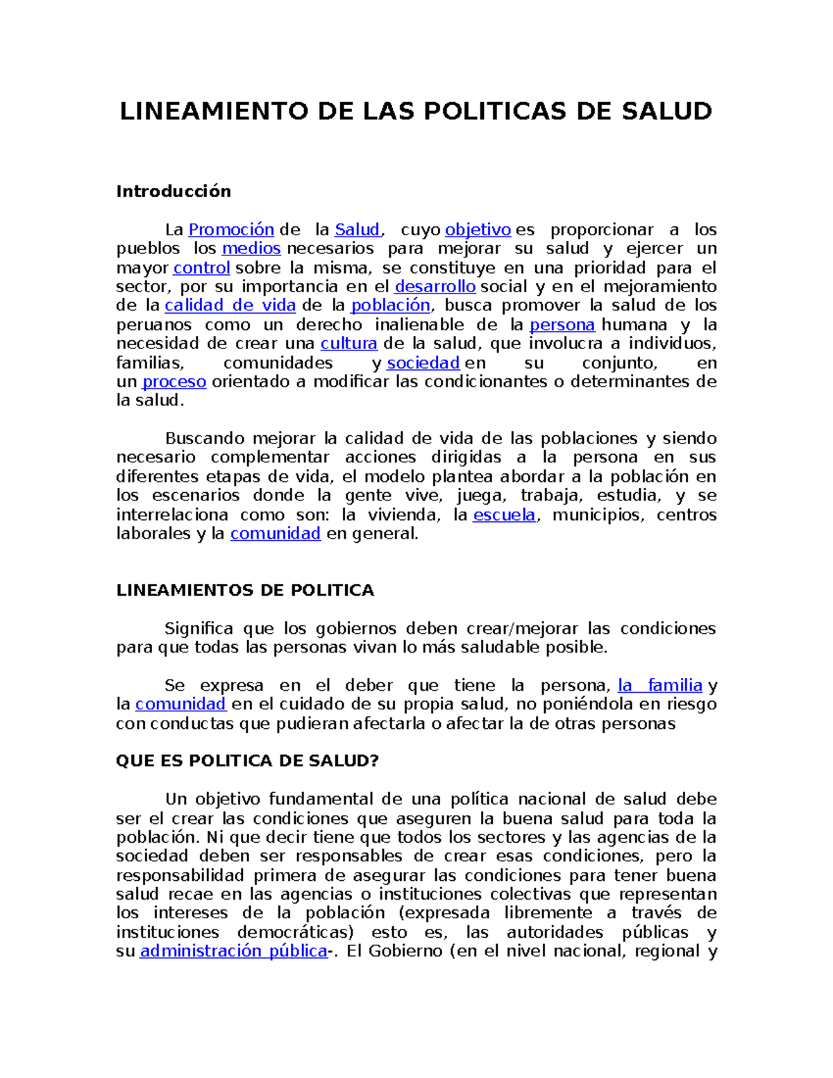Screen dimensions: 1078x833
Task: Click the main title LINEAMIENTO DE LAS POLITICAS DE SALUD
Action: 416,111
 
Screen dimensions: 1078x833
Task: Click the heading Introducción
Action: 174,192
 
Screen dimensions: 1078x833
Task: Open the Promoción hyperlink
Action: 231,230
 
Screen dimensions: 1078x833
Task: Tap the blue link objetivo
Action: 478,230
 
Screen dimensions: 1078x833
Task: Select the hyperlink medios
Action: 251,249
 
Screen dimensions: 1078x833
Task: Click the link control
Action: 201,268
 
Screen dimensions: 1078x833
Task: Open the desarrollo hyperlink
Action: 435,287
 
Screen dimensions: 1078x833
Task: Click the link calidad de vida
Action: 230,305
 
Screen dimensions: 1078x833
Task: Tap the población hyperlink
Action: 391,305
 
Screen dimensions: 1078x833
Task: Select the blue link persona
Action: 562,325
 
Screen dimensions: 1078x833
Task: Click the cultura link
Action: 348,344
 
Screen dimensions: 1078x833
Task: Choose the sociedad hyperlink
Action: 423,363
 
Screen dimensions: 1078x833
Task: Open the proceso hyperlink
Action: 174,382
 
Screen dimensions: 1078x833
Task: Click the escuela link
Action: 504,515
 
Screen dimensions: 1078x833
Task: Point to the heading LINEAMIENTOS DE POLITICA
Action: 245,591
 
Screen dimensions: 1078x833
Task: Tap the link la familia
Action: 660,686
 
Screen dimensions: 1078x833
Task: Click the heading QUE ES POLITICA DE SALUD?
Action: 247,761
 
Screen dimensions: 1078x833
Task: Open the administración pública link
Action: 234,951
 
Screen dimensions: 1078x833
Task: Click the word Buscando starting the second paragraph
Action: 205,439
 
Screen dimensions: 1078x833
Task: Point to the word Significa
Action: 199,629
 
